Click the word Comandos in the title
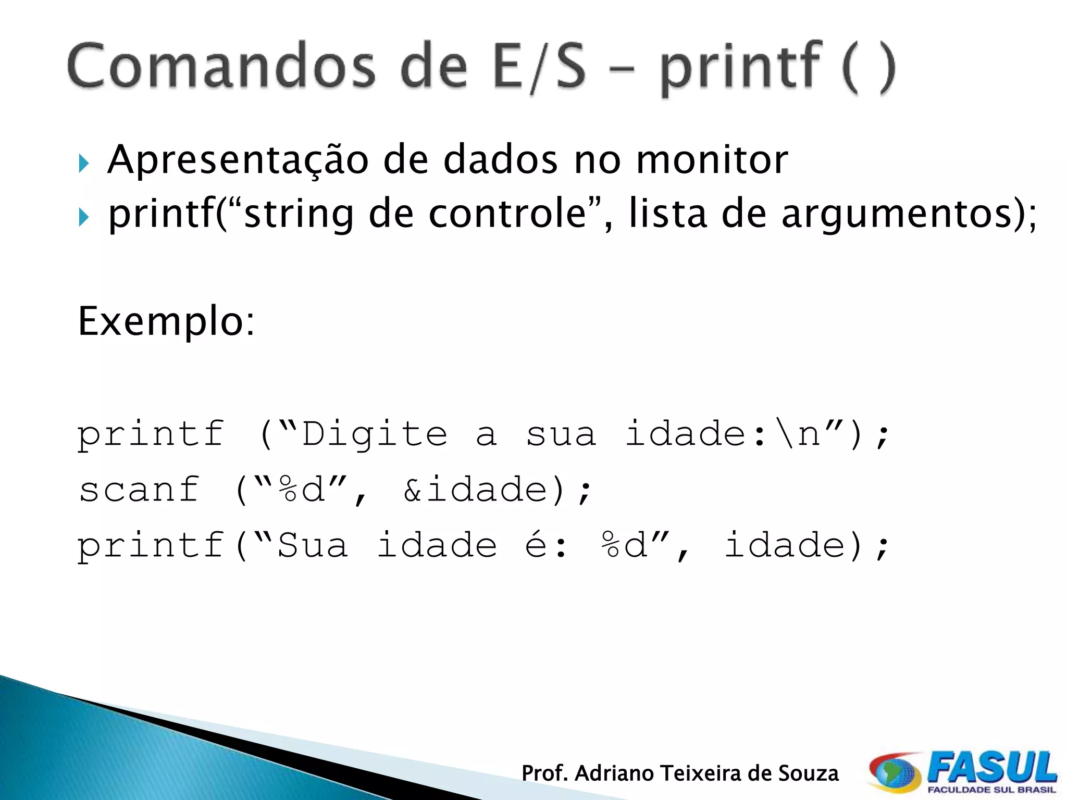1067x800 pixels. click(221, 67)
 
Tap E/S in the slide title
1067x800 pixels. click(540, 68)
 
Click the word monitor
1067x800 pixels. click(712, 159)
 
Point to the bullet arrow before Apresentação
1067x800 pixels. click(84, 164)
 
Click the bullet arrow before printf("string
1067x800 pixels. click(84, 217)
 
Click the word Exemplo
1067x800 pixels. click(166, 321)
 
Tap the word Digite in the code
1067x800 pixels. click(375, 433)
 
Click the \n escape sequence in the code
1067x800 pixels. click(797, 433)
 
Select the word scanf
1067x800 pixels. click(140, 490)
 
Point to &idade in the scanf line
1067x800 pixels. click(477, 490)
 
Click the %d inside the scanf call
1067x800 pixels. click(302, 490)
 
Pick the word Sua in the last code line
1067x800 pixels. click(313, 545)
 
